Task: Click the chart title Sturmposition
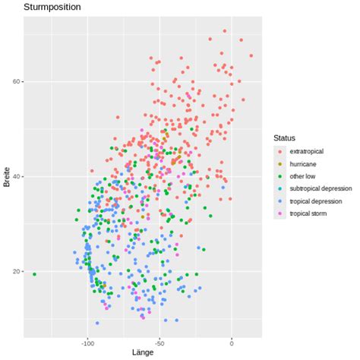click(x=52, y=7)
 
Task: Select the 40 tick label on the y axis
click(x=17, y=177)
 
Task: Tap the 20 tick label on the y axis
click(x=17, y=272)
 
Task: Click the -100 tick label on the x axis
click(x=87, y=342)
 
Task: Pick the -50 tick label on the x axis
click(x=159, y=342)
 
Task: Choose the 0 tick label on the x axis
click(x=232, y=342)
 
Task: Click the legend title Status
click(x=284, y=137)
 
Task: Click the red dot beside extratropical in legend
click(x=279, y=151)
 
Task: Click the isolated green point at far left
click(x=34, y=273)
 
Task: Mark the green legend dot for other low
click(x=279, y=177)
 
